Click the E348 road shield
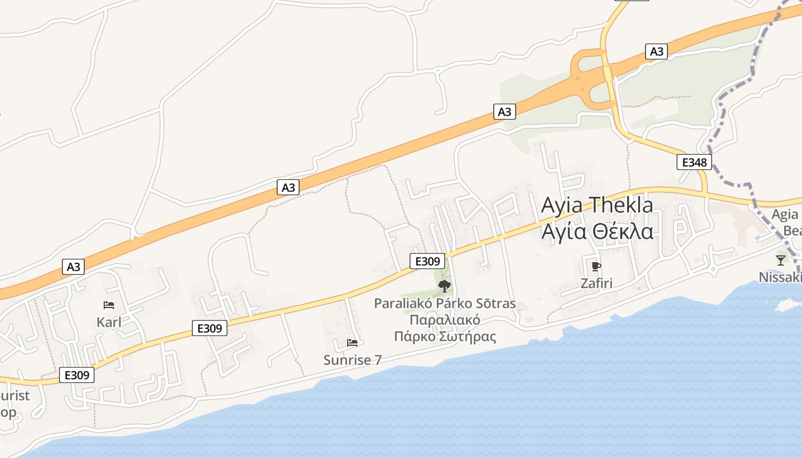pos(694,163)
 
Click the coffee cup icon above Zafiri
pos(596,266)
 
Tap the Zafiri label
pos(596,283)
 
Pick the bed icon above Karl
pos(109,305)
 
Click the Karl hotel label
pos(109,322)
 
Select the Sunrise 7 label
pos(352,360)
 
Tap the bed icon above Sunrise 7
pos(352,343)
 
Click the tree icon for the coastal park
pos(445,286)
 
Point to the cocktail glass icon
pos(781,260)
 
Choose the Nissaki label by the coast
pos(780,277)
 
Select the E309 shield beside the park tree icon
pos(427,262)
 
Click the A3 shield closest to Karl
pos(73,267)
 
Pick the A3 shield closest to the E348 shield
pos(656,52)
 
